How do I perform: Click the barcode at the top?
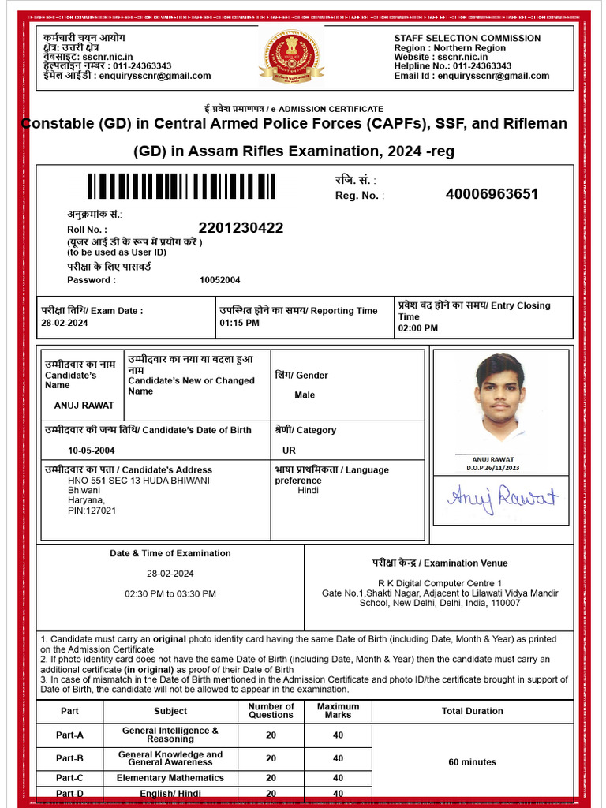pos(181,186)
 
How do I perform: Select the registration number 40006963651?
pos(492,194)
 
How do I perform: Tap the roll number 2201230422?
pos(241,228)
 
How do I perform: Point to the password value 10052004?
pos(220,280)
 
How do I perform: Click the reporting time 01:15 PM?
pos(239,324)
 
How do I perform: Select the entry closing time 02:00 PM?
pos(417,328)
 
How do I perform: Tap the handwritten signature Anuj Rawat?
pos(503,497)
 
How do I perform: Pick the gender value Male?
pos(305,395)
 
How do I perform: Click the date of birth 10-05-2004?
pos(92,451)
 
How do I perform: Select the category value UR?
pos(289,451)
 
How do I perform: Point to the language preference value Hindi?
pos(309,491)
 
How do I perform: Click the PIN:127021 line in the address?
pos(92,511)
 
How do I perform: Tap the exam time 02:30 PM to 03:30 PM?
pos(170,593)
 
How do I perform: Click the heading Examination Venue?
pos(440,563)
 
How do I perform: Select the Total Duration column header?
pos(472,711)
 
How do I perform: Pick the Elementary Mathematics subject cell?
pos(170,778)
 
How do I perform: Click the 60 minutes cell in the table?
pos(472,762)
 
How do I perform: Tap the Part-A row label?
pos(69,735)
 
